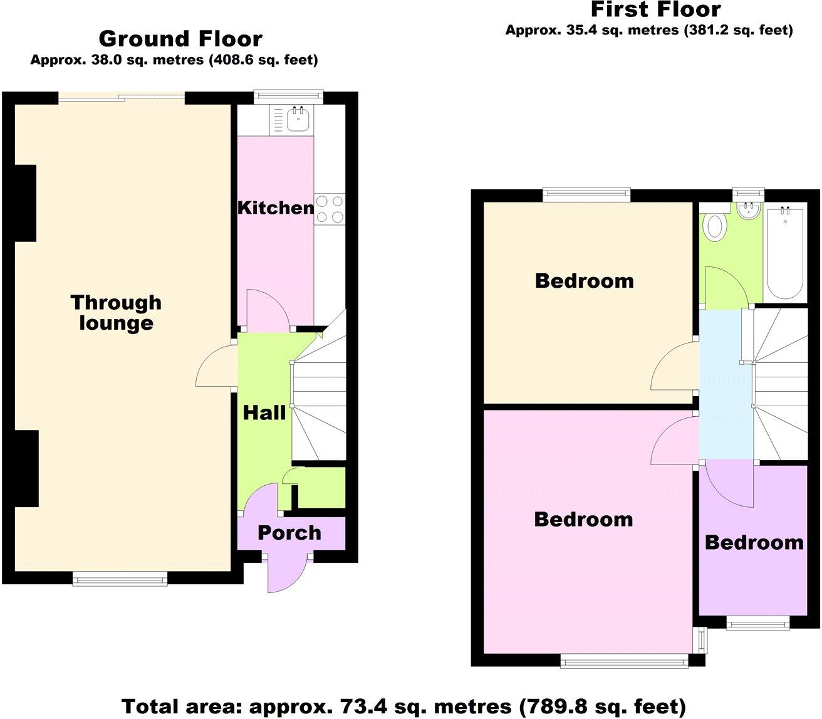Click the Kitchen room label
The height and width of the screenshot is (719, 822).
coord(276,208)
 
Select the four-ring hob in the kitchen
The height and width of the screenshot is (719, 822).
coord(330,209)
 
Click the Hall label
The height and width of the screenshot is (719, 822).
coord(264,412)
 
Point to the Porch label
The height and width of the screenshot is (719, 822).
coord(289,533)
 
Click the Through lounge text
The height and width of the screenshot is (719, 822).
coord(116,312)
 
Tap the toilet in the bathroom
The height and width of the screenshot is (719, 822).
coord(714,226)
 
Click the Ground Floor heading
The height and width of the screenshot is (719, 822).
coord(180,39)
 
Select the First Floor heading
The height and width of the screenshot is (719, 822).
coord(655,10)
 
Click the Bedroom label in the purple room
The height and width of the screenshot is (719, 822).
coord(754,542)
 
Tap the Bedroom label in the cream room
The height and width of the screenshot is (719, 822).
coord(584,281)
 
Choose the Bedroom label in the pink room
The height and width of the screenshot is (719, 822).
coord(583,519)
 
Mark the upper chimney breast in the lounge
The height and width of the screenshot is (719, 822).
coord(24,203)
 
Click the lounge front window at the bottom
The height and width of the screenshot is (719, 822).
coord(120,578)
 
